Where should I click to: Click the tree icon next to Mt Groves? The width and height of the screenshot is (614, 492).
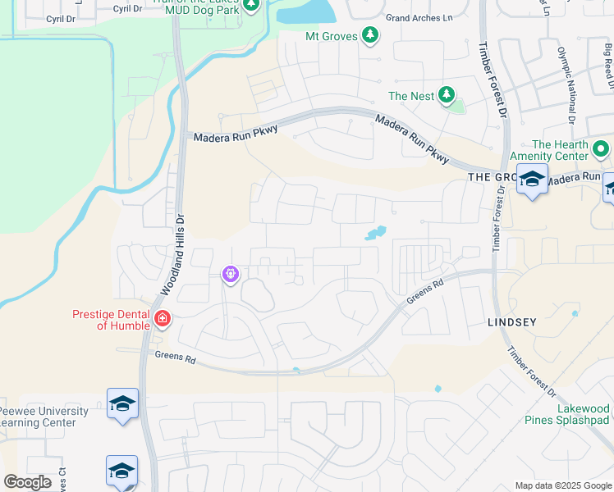[x=371, y=35]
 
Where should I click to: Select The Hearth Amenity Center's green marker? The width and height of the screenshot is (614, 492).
[x=600, y=150]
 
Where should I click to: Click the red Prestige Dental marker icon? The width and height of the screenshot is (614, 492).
[x=162, y=318]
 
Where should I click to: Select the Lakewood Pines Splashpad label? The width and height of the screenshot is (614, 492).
[x=568, y=414]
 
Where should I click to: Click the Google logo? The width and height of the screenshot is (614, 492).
[x=28, y=481]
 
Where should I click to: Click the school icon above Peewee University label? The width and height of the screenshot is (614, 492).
[x=122, y=404]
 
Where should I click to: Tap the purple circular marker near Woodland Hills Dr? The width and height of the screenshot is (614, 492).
[x=231, y=274]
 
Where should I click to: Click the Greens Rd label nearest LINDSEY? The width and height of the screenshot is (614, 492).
[x=425, y=294]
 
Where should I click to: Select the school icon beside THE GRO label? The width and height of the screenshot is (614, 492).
[x=532, y=180]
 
